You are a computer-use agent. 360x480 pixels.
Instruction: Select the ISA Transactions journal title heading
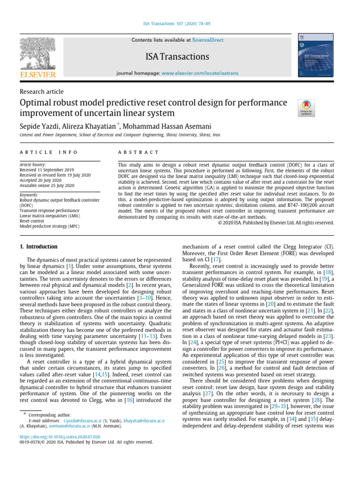[178, 57]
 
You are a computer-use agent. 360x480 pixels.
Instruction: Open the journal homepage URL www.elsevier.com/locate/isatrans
[200, 74]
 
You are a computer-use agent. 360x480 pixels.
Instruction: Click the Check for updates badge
[307, 107]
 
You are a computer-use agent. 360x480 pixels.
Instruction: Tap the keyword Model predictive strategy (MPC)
[50, 226]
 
